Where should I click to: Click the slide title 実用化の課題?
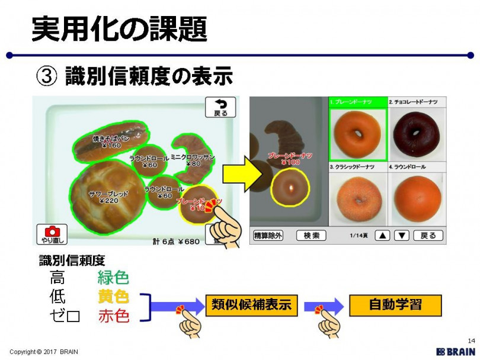pyautogui.click(x=119, y=28)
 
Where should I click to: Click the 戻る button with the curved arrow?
pyautogui.click(x=220, y=107)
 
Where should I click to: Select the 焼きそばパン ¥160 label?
pyautogui.click(x=107, y=142)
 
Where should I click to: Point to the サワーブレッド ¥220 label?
pyautogui.click(x=108, y=197)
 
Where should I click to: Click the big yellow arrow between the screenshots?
pyautogui.click(x=242, y=174)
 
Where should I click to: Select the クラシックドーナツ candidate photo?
pyautogui.click(x=357, y=198)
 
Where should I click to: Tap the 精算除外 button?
pyautogui.click(x=268, y=235)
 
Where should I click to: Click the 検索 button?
pyautogui.click(x=311, y=235)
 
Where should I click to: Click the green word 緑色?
pyautogui.click(x=113, y=278)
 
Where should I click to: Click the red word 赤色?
pyautogui.click(x=113, y=316)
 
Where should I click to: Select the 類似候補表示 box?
pyautogui.click(x=251, y=305)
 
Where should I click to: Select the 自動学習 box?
pyautogui.click(x=395, y=305)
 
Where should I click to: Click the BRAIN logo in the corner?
pyautogui.click(x=455, y=351)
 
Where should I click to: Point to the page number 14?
pyautogui.click(x=471, y=340)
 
